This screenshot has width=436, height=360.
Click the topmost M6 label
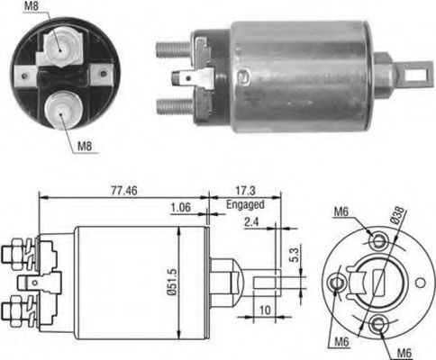(x=340, y=211)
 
